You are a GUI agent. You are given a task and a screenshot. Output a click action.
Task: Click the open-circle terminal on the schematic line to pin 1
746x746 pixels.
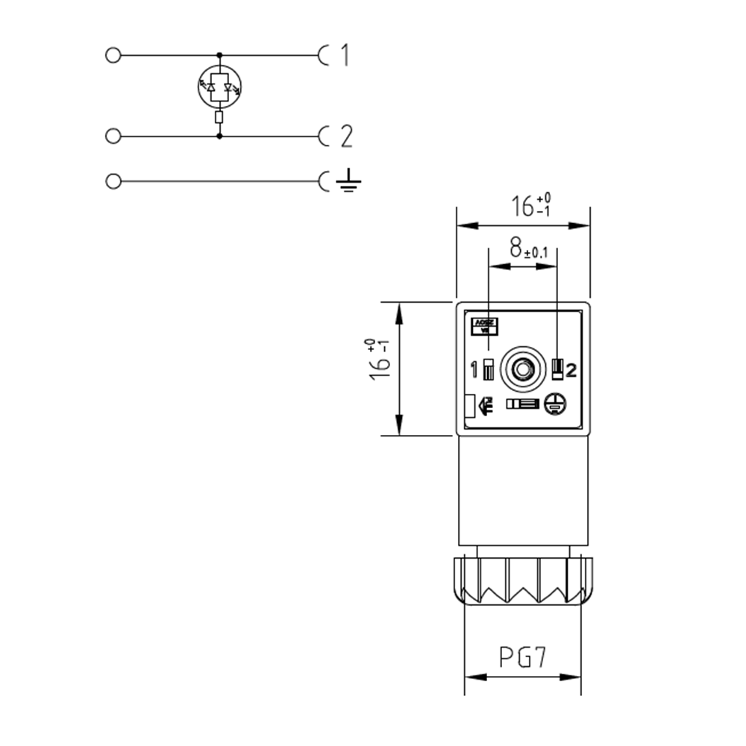(x=113, y=55)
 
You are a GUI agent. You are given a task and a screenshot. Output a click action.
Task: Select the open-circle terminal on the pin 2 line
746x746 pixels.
(x=113, y=137)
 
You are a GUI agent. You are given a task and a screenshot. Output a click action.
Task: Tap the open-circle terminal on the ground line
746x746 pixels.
(x=113, y=181)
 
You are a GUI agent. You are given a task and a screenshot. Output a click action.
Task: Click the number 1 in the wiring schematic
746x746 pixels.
(x=344, y=55)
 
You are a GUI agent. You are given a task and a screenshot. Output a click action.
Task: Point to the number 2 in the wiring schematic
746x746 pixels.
(x=345, y=137)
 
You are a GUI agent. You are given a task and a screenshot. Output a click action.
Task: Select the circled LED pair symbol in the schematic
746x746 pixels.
(x=219, y=87)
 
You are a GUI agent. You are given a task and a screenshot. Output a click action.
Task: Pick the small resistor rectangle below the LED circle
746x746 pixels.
(x=219, y=117)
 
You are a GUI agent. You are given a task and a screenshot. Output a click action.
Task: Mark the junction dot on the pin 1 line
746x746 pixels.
(x=219, y=55)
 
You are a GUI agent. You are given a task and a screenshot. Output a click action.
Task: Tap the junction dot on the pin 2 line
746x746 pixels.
(x=219, y=137)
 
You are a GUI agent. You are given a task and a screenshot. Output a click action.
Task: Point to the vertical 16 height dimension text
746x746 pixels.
(x=380, y=361)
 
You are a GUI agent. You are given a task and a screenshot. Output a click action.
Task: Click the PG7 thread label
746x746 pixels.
(x=523, y=657)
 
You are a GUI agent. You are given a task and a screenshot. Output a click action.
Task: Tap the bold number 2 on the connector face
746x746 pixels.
(x=571, y=369)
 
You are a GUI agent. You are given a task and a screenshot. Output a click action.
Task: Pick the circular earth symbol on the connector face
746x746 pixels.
(x=554, y=404)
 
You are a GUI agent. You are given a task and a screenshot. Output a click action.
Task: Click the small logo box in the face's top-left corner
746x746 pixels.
(x=485, y=325)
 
